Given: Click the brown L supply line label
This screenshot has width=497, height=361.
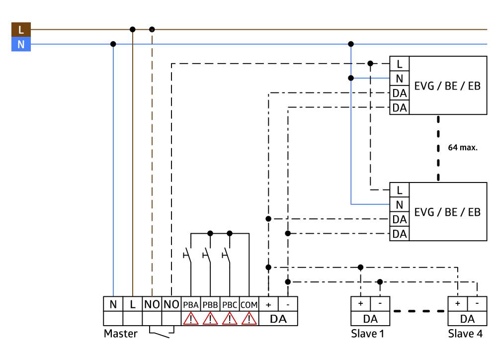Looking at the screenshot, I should click(x=20, y=29).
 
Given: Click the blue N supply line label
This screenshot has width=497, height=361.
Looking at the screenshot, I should click(x=20, y=44).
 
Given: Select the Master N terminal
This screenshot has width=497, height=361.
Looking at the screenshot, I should click(x=113, y=304).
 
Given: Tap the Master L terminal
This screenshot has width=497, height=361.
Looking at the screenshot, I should click(x=132, y=304).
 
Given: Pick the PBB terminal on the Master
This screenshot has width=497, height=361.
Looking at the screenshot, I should click(x=210, y=304).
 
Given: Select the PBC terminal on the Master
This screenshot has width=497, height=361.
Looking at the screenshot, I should click(x=229, y=304).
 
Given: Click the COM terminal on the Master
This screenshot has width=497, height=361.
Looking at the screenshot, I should click(x=248, y=304).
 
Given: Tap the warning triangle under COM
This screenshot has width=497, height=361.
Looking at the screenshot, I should click(x=248, y=318).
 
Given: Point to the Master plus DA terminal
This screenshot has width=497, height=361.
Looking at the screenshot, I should click(x=268, y=304).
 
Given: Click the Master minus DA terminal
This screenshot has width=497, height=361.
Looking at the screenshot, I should click(x=288, y=304).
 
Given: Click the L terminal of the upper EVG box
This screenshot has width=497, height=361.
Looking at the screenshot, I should click(x=399, y=64).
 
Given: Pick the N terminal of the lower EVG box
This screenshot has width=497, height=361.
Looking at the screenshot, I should click(x=399, y=204).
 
